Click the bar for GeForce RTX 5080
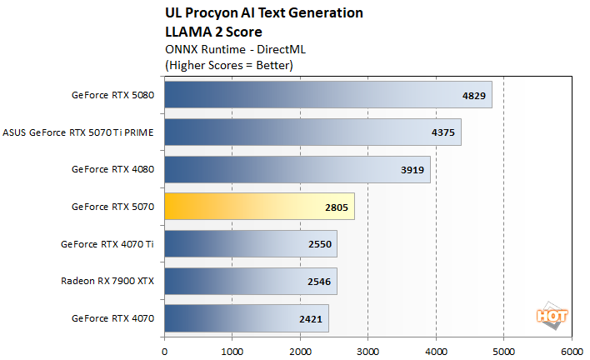coord(327,94)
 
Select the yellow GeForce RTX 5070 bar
coord(259,207)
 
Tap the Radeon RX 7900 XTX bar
coord(250,281)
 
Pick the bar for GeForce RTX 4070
coord(246,318)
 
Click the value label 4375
coord(443,132)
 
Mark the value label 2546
coord(319,282)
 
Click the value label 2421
coord(311,318)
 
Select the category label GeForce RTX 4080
coord(112,169)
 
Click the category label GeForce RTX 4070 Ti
coord(107,244)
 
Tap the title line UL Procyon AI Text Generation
coord(264,13)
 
